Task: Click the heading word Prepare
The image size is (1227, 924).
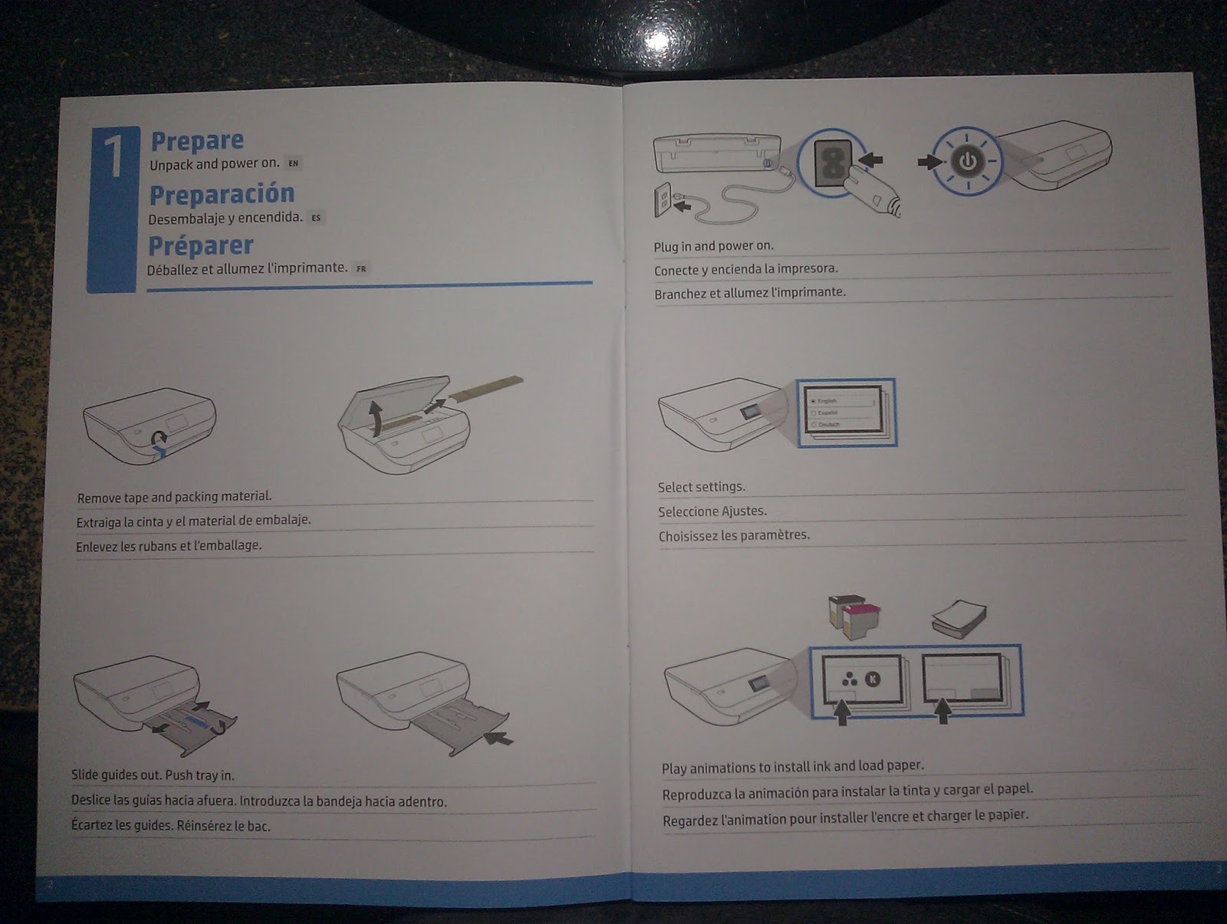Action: pos(197,141)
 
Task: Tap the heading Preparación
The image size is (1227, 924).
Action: pos(222,195)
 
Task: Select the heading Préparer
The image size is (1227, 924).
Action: pos(201,246)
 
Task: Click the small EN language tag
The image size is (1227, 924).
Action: pos(293,163)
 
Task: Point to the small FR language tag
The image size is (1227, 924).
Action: pos(361,269)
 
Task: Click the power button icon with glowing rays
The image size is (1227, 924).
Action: pos(968,161)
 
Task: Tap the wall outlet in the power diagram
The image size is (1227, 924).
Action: pos(663,200)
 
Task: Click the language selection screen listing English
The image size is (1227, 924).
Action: pos(844,412)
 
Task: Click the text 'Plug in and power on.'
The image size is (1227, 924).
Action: pos(713,246)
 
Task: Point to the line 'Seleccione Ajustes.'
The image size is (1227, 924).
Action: pos(712,511)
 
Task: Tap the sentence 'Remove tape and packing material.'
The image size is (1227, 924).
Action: pos(174,497)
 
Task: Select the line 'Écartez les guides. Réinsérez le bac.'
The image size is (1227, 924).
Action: pos(170,826)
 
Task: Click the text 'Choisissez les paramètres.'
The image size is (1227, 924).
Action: pos(734,535)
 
